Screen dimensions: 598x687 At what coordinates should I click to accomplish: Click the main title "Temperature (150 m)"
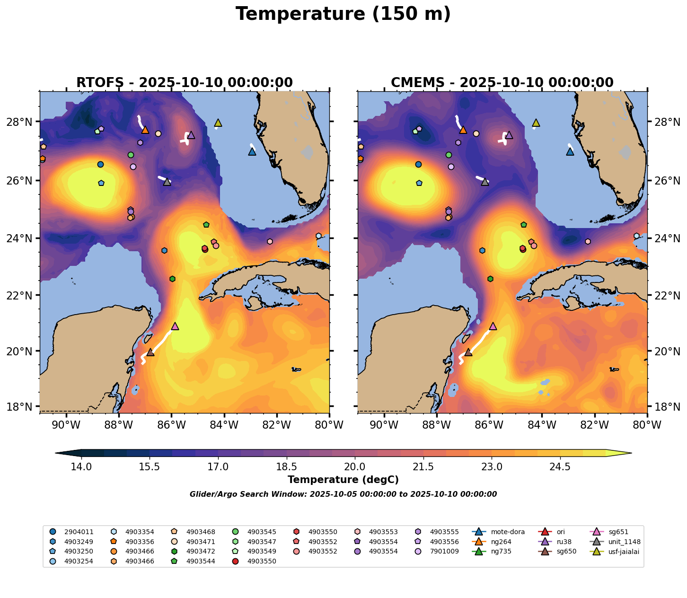click(343, 14)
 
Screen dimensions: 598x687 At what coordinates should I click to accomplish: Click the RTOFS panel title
click(185, 83)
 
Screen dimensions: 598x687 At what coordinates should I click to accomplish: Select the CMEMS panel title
click(502, 83)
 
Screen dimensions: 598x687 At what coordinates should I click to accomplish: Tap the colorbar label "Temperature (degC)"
click(343, 480)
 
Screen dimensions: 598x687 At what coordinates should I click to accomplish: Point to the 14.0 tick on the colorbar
click(81, 467)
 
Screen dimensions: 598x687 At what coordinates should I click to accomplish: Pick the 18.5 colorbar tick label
click(286, 467)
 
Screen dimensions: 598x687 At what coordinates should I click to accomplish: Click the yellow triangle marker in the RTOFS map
click(218, 123)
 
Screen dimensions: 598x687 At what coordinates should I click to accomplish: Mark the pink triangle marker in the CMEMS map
click(493, 326)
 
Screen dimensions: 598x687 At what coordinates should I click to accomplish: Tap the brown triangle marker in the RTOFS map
click(150, 352)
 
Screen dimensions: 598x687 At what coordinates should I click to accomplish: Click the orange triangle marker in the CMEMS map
click(463, 130)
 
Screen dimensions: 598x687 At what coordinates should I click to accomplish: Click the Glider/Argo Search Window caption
click(343, 494)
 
